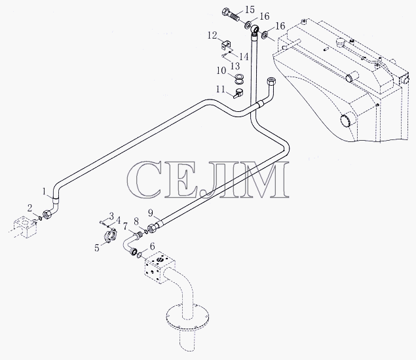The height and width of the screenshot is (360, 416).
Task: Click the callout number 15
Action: [250, 10]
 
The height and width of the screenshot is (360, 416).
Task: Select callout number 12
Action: [212, 35]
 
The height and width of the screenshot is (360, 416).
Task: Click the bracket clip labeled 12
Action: [226, 45]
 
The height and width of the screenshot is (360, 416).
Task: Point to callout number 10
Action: [221, 71]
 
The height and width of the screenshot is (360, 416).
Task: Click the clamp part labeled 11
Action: [238, 93]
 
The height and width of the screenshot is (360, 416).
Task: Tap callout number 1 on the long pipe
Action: [45, 191]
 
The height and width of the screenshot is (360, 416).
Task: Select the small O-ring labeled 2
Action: [39, 218]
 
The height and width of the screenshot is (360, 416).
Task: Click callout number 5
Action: [97, 248]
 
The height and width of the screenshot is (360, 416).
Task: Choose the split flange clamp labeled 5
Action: [110, 235]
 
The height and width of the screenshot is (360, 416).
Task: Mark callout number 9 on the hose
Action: [151, 213]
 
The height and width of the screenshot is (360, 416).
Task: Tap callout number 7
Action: [126, 226]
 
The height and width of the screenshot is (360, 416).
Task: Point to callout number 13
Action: [235, 65]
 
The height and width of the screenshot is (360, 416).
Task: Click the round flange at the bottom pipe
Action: [189, 317]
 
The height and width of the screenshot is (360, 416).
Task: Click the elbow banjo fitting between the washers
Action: [255, 29]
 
